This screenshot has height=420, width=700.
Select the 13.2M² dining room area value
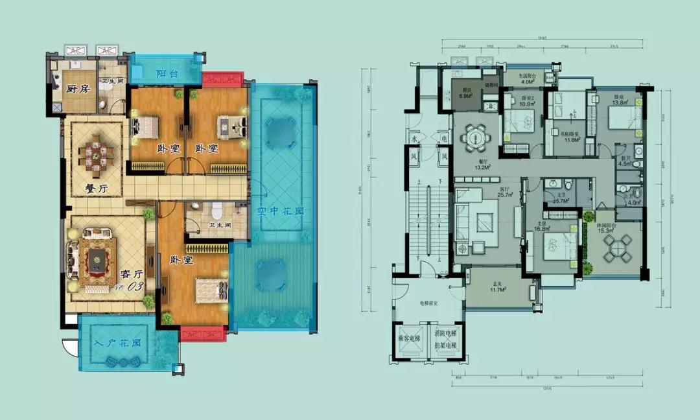coord(481,167)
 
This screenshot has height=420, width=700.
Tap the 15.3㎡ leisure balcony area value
coord(611,231)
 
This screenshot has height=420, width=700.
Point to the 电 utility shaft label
coord(443,138)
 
